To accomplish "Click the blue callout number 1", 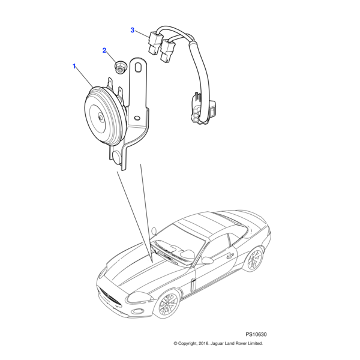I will pyautogui.click(x=74, y=65).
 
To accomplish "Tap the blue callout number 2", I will pyautogui.click(x=104, y=51).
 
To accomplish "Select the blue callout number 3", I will pyautogui.click(x=133, y=29).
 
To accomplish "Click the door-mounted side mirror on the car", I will pyautogui.click(x=207, y=260).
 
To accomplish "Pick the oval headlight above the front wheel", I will pyautogui.click(x=140, y=296).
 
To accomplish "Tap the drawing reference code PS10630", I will pyautogui.click(x=256, y=334).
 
